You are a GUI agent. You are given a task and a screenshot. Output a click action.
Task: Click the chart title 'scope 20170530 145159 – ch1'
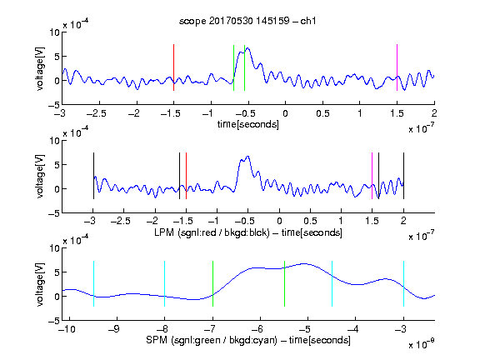[247, 21]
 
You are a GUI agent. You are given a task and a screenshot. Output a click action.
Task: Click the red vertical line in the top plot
[173, 67]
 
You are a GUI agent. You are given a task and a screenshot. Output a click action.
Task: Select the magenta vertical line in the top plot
[397, 67]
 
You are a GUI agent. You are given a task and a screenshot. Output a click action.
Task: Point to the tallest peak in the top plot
[247, 48]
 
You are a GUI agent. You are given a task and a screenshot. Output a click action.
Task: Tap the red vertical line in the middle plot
[186, 176]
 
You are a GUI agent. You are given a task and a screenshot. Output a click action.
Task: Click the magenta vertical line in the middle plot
[372, 176]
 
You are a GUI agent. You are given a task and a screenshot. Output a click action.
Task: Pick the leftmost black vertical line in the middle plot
[93, 176]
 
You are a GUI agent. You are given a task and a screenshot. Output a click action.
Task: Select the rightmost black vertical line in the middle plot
[403, 176]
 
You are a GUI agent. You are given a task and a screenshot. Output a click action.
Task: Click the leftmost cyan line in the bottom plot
[93, 283]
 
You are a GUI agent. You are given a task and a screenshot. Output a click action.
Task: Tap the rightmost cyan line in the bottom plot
[403, 283]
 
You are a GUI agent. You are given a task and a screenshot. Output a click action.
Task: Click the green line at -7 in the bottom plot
[212, 283]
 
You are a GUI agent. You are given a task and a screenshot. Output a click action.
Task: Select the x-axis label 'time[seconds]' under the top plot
[248, 124]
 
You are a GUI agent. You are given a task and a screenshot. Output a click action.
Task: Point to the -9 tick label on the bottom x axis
[114, 329]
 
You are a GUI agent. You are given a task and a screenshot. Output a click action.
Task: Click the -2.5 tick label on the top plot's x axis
[97, 113]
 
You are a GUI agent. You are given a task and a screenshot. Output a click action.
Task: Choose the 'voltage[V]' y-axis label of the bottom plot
[40, 284]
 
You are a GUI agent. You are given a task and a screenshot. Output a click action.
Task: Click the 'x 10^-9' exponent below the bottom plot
[421, 343]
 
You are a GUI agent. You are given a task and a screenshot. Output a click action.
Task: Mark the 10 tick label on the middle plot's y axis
[54, 141]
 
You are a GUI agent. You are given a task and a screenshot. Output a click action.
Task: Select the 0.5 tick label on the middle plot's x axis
[310, 221]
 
